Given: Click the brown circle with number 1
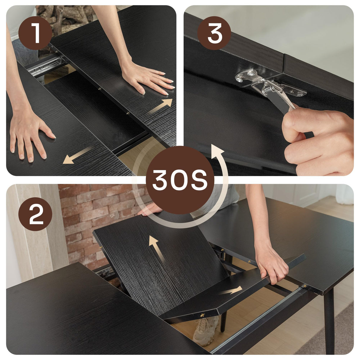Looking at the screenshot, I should [x=35, y=33].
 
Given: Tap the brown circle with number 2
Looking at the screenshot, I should [x=35, y=214].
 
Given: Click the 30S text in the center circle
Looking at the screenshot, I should [x=180, y=180].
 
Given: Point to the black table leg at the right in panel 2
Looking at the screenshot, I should [x=329, y=320].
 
